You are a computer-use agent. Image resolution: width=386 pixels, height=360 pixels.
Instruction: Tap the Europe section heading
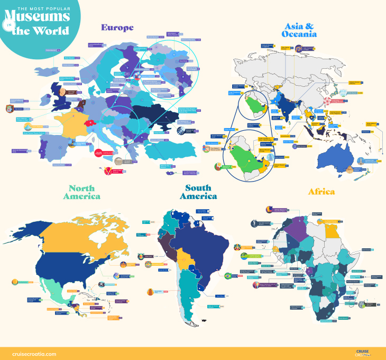(117, 28)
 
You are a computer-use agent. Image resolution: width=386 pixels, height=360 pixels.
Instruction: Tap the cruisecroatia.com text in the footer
(34, 354)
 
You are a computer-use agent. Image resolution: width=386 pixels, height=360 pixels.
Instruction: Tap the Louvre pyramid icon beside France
(36, 127)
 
